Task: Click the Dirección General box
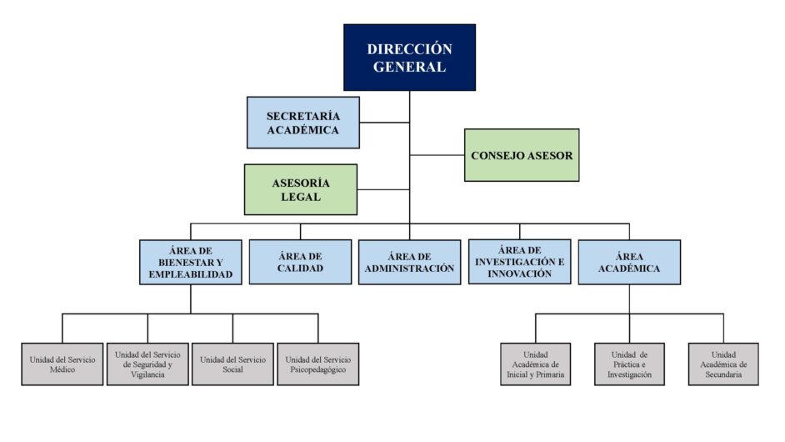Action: click(x=409, y=58)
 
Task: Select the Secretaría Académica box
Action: click(x=302, y=123)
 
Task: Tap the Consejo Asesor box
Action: click(x=522, y=155)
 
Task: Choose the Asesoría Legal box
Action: click(x=300, y=189)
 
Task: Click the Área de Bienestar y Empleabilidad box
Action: click(x=191, y=262)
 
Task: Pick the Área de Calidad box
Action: click(x=300, y=262)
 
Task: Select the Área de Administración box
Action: click(x=409, y=262)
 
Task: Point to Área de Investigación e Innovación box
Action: click(x=520, y=262)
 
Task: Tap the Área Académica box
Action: click(x=629, y=262)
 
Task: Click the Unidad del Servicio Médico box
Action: click(x=62, y=364)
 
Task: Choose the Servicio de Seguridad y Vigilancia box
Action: click(x=147, y=364)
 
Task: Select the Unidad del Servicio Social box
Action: click(x=232, y=364)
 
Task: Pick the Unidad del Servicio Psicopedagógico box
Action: click(x=317, y=364)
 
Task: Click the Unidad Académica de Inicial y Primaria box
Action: click(x=536, y=364)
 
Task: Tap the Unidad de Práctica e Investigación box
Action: click(x=630, y=364)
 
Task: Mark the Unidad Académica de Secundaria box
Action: click(x=723, y=364)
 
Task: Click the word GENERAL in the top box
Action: click(x=409, y=67)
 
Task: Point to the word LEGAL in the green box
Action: click(x=300, y=197)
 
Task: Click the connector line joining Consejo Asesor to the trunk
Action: click(x=437, y=155)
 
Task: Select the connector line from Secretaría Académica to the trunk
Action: click(x=384, y=123)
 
